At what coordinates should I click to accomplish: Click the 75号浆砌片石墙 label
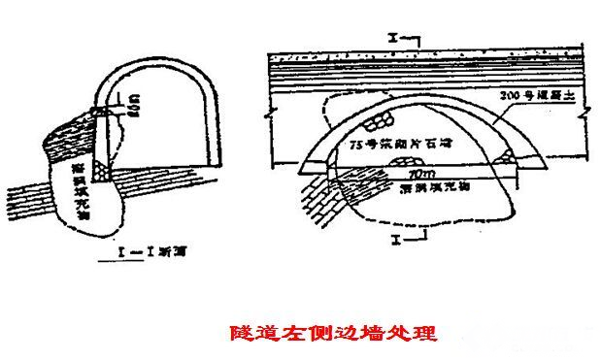pos(403,144)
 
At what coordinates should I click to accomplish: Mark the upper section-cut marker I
pos(392,38)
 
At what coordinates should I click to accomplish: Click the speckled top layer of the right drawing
pos(427,57)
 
